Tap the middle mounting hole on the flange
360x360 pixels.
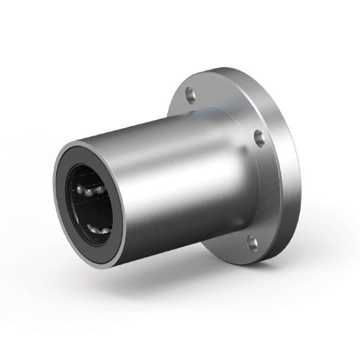259,138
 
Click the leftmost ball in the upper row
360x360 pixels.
81,190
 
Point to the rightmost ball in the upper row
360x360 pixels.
100,190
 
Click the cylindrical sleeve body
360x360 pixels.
177,177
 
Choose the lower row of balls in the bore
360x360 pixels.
99,230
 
